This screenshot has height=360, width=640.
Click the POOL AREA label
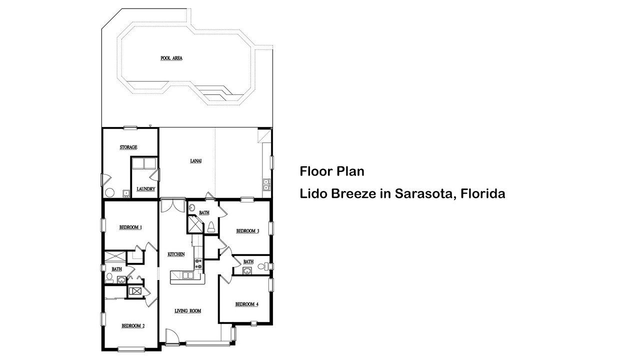point(171,58)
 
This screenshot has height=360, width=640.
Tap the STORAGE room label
point(128,147)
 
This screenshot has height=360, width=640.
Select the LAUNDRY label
point(145,189)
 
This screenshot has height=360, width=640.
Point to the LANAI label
point(195,161)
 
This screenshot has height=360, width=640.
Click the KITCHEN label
point(176,254)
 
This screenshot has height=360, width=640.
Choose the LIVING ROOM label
point(187,311)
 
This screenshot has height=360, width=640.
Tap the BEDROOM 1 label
point(130,227)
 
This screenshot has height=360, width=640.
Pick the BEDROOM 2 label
point(133,325)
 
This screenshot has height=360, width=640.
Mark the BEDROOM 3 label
point(247,231)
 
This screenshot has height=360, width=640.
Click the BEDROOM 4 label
point(247,304)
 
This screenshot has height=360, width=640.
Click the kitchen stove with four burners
point(198,263)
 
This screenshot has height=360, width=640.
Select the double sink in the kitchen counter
point(187,275)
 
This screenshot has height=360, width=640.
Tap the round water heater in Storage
point(109,192)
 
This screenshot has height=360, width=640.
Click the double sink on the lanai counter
point(266,184)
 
